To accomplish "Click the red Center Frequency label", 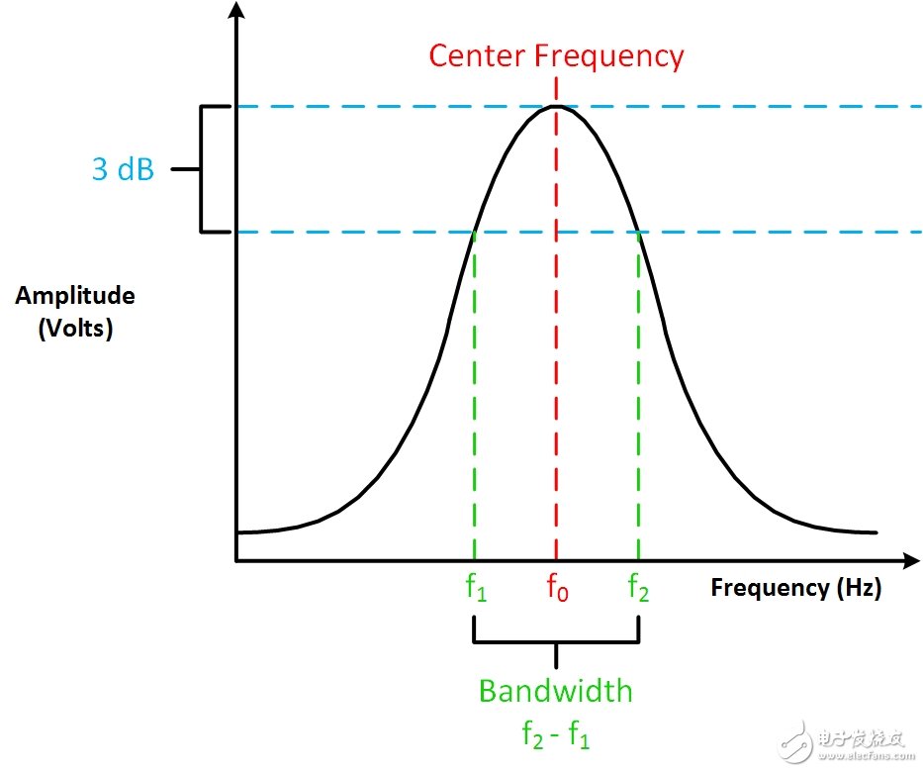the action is click(556, 56).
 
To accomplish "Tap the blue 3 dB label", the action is click(123, 169).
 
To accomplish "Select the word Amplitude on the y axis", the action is click(75, 296).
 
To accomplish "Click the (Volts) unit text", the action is click(75, 328).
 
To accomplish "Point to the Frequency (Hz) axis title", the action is click(795, 588).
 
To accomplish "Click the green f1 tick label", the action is click(476, 587).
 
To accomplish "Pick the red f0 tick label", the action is click(557, 587).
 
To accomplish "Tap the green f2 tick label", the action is click(639, 587).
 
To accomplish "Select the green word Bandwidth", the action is click(556, 691).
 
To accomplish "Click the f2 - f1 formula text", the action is click(556, 734).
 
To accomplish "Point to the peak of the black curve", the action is click(556, 106).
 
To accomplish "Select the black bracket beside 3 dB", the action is click(201, 169).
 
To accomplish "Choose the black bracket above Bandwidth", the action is click(556, 642).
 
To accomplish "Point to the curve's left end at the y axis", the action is click(237, 532).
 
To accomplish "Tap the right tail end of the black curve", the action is click(876, 532).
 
